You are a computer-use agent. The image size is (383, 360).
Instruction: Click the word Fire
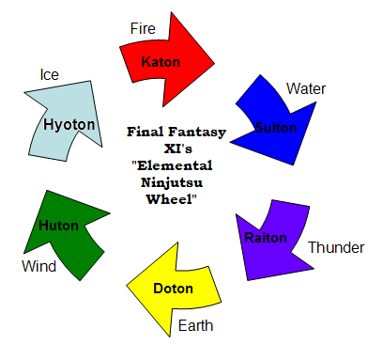pyautogui.click(x=143, y=28)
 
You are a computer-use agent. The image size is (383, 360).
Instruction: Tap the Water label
pyautogui.click(x=306, y=88)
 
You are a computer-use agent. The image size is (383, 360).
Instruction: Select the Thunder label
pyautogui.click(x=336, y=248)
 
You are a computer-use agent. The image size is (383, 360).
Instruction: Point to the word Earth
pyautogui.click(x=196, y=326)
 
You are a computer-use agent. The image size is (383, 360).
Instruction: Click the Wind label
pyautogui.click(x=39, y=267)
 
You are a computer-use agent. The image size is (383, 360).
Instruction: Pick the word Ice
pyautogui.click(x=50, y=73)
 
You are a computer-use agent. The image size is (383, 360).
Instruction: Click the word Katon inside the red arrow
pyautogui.click(x=161, y=62)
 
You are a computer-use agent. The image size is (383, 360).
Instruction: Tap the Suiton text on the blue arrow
pyautogui.click(x=276, y=128)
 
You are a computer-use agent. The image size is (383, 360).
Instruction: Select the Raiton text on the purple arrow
pyautogui.click(x=267, y=237)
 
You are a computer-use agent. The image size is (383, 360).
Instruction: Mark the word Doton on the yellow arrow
pyautogui.click(x=174, y=286)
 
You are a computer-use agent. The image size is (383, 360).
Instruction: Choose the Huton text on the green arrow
pyautogui.click(x=59, y=226)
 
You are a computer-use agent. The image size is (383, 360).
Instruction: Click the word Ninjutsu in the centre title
pyautogui.click(x=176, y=185)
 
